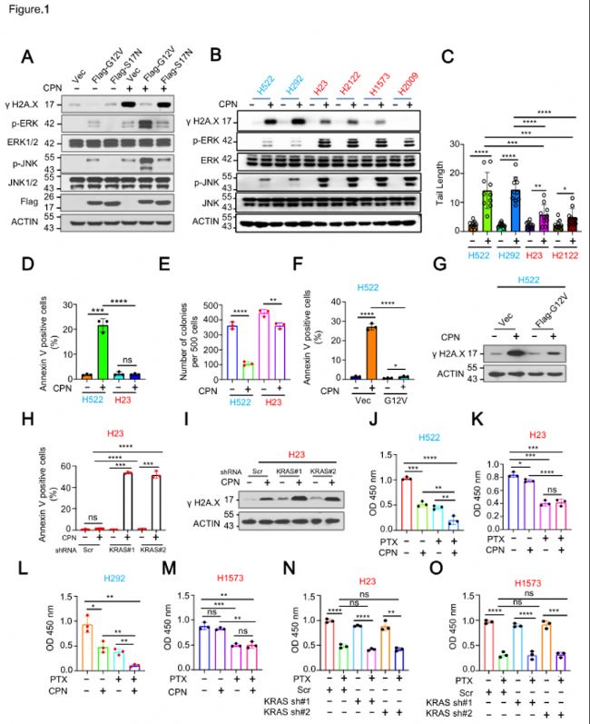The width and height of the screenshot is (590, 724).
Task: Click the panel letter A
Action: coord(28,57)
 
